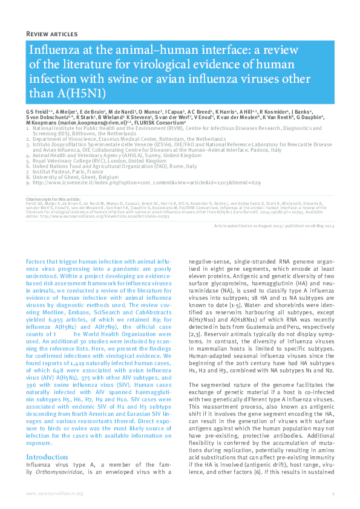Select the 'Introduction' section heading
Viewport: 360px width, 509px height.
pos(47,457)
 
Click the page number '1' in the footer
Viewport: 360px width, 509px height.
pos(333,494)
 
